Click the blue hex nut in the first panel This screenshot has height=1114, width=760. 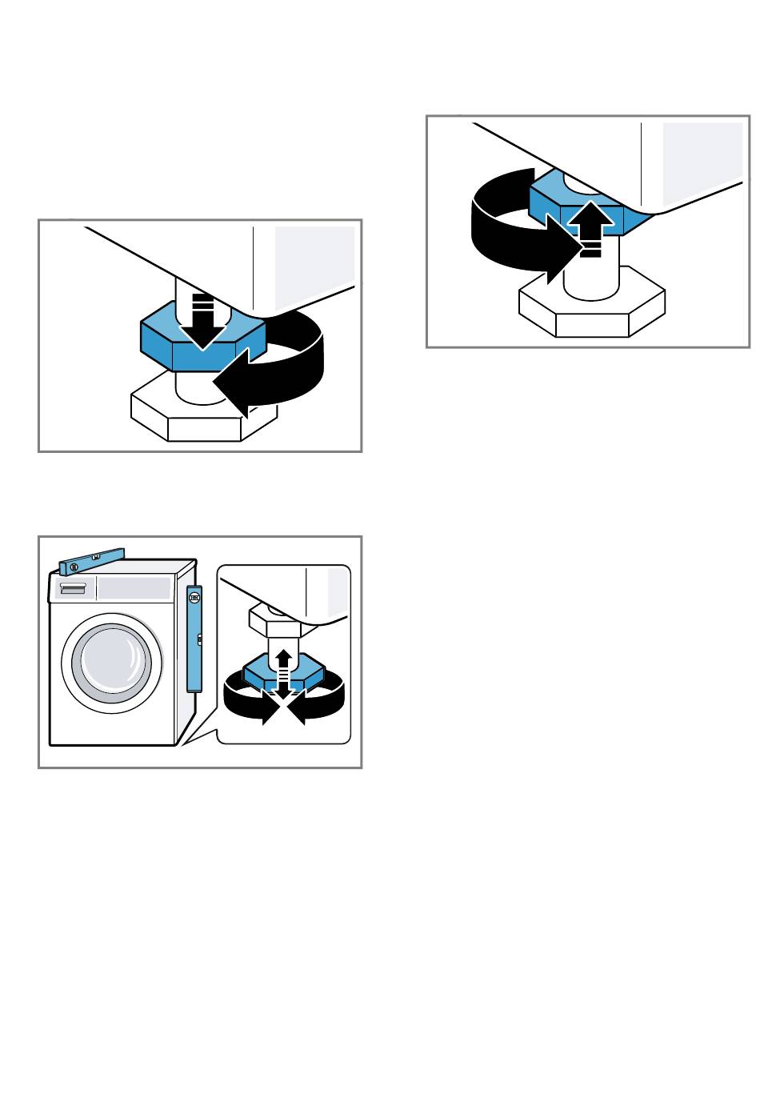coord(160,340)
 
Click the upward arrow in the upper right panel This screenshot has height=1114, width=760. coord(590,228)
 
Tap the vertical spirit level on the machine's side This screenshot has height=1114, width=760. coord(194,637)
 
